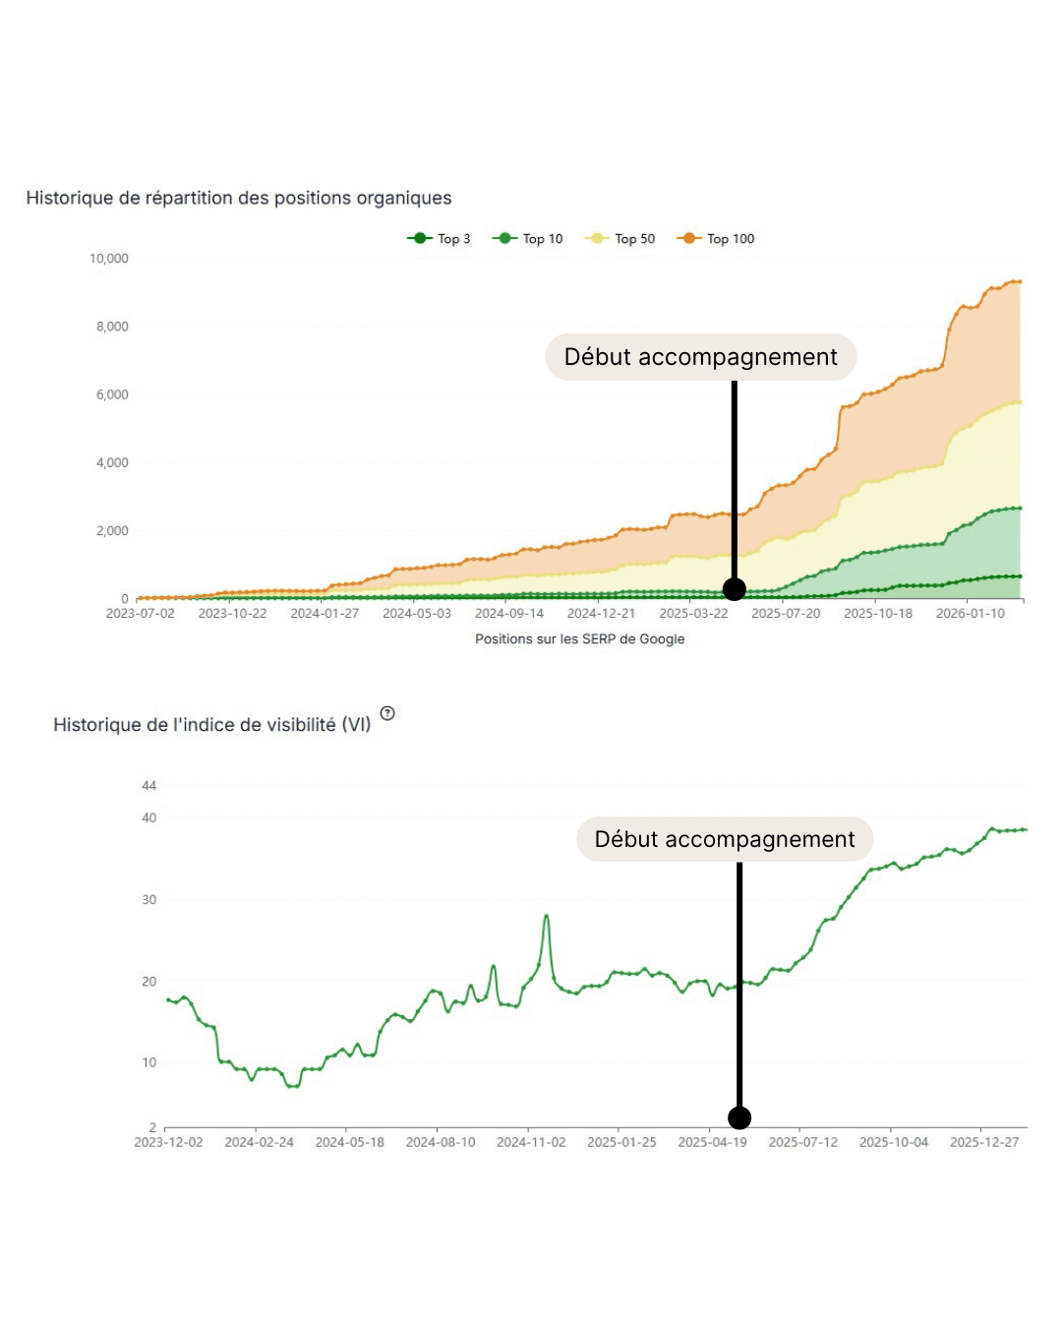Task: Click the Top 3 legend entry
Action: [440, 238]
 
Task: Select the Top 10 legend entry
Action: [529, 238]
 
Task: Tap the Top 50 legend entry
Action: [620, 238]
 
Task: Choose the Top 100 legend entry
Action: [717, 238]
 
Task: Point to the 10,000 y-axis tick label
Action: [109, 259]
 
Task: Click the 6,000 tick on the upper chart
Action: [112, 394]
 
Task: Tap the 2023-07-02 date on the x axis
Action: [141, 613]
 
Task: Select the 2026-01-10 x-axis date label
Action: [971, 613]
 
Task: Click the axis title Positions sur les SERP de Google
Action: [579, 638]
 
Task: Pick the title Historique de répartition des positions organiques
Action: [239, 198]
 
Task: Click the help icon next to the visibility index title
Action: [387, 713]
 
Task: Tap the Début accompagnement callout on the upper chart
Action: [700, 356]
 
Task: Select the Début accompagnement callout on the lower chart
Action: [725, 839]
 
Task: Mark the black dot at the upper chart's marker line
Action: [735, 589]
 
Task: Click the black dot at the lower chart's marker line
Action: [739, 1117]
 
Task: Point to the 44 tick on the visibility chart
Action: [149, 785]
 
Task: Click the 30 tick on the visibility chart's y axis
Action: [149, 899]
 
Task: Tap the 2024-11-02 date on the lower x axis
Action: [531, 1142]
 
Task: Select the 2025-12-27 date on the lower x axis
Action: [984, 1142]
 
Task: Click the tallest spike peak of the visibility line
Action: [547, 916]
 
